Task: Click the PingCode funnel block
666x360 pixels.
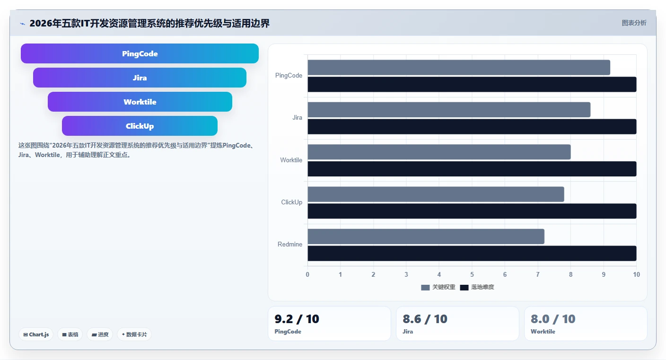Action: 140,53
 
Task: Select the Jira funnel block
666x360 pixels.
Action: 140,78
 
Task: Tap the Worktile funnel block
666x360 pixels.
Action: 140,102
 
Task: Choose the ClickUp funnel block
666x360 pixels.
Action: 140,126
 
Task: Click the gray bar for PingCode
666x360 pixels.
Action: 459,68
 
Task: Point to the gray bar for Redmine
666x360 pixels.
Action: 426,237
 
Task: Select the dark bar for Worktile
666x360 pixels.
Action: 472,169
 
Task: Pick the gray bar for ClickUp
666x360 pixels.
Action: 436,194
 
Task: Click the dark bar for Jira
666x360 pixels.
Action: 472,127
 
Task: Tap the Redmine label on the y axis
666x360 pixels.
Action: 290,245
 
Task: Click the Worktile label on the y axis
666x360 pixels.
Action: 291,160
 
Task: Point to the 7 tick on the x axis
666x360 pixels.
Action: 537,274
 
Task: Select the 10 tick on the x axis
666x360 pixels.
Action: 636,274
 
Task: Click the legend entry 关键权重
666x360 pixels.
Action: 438,287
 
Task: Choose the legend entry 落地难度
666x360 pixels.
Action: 477,287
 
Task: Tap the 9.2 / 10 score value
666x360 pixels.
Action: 297,319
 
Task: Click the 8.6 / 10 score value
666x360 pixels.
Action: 425,319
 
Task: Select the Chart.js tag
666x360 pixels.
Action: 36,334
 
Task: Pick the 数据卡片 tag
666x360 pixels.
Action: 134,334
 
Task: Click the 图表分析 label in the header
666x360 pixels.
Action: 634,23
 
